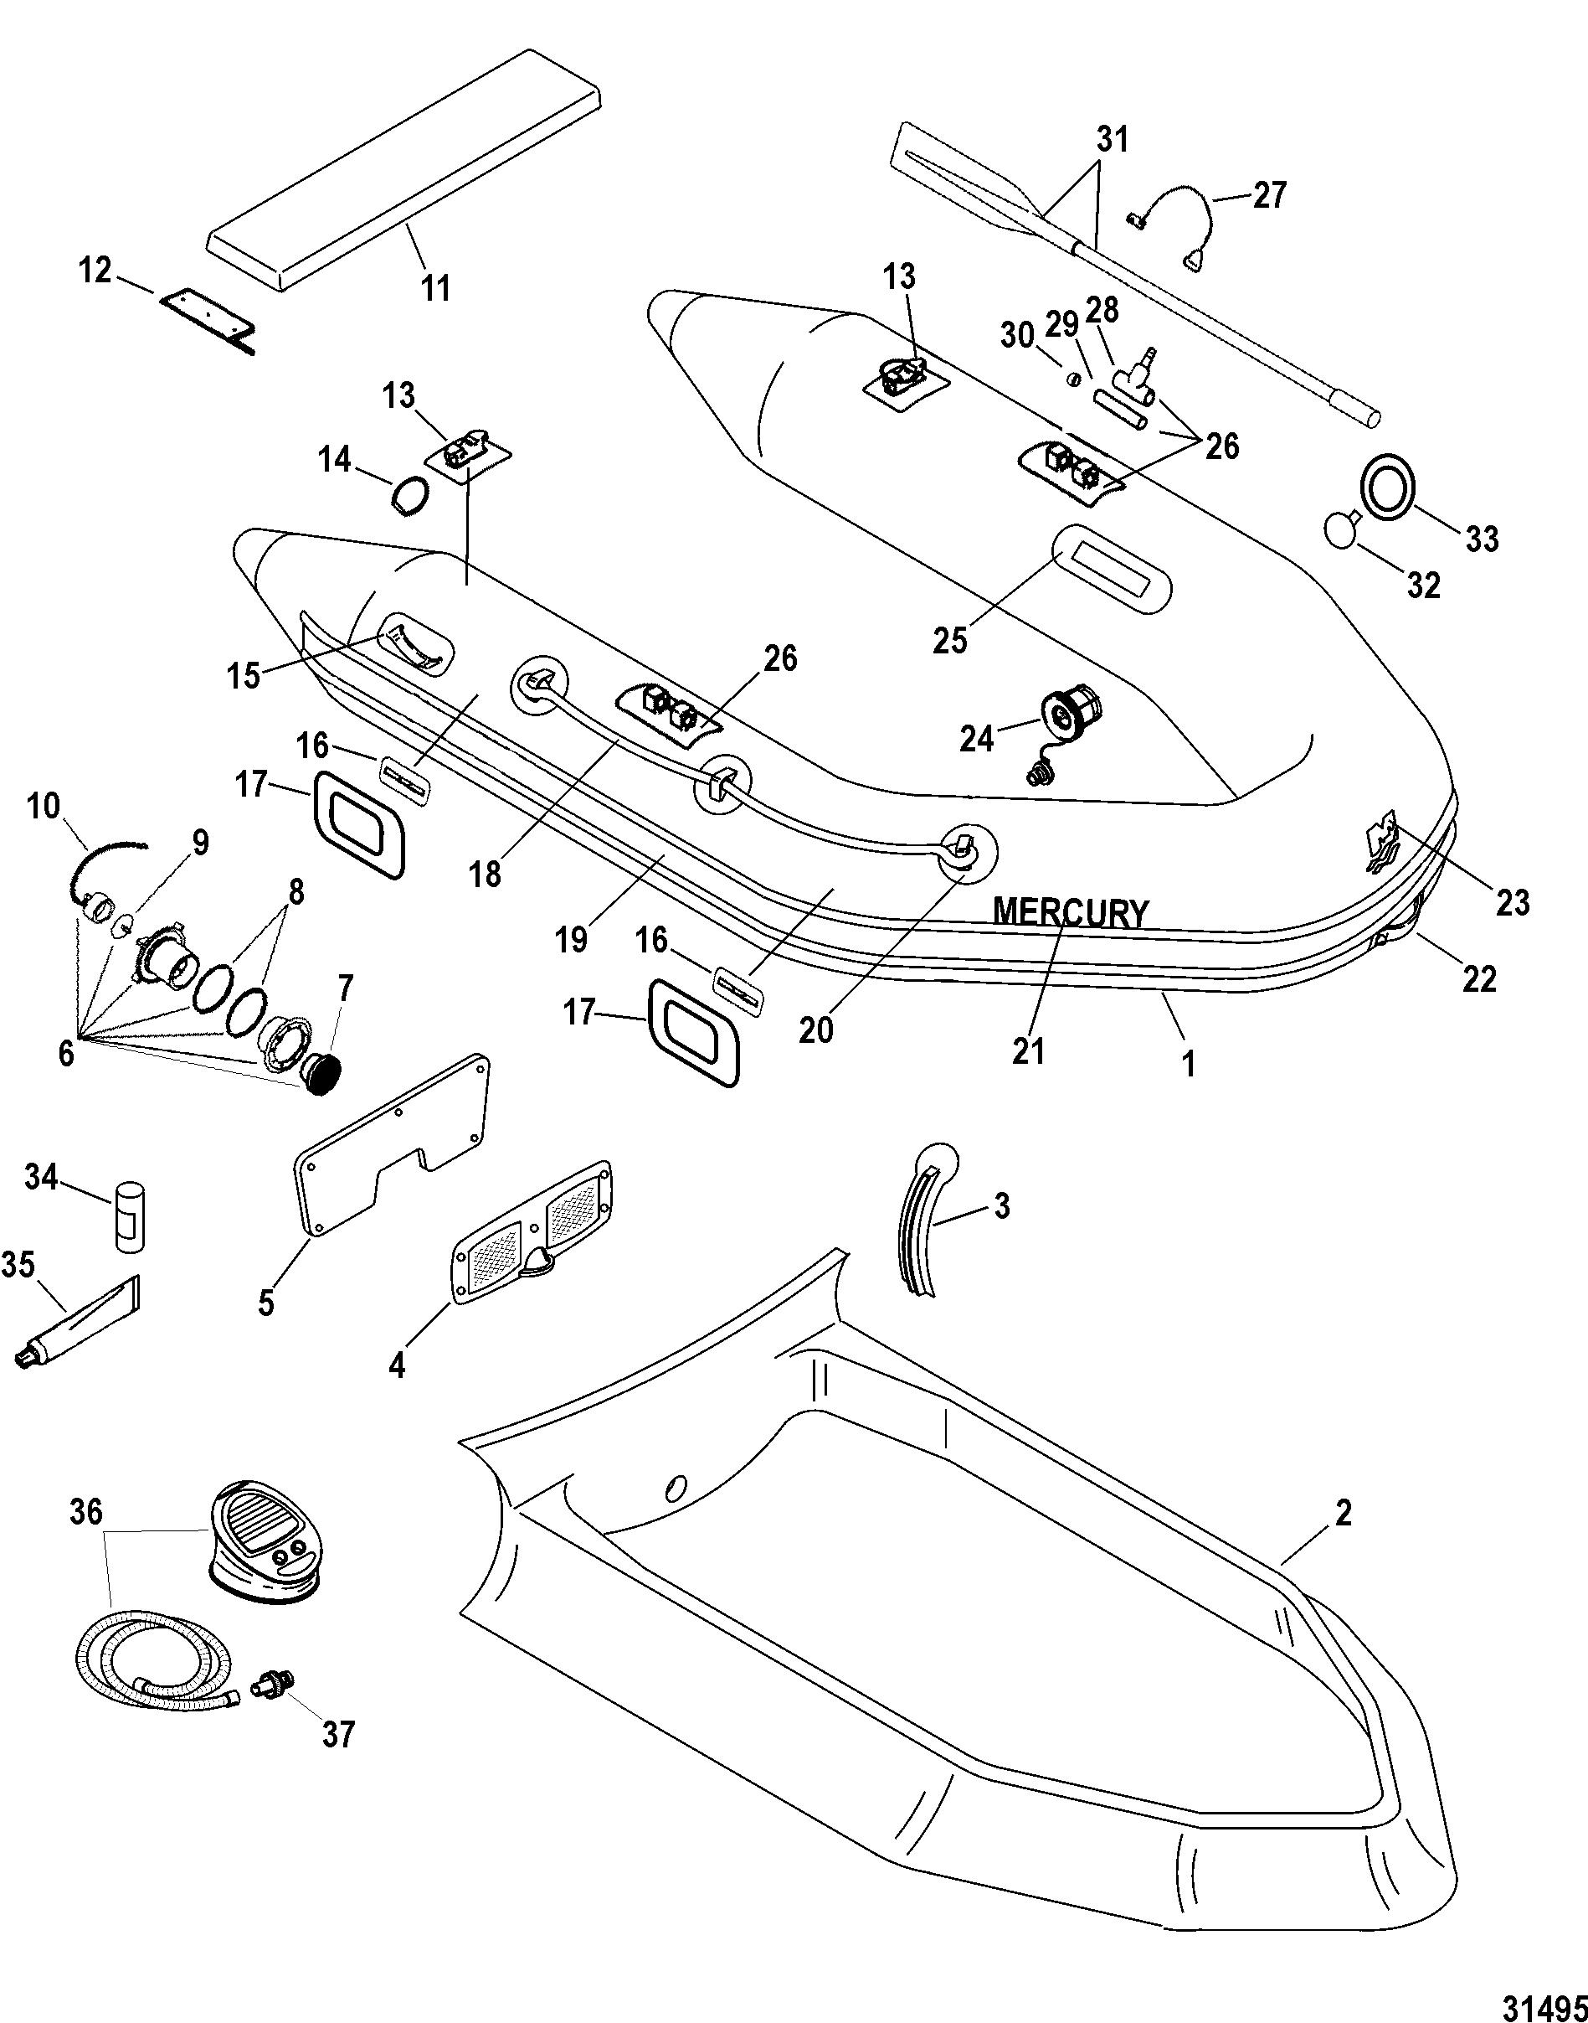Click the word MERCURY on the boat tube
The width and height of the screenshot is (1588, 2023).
(1071, 912)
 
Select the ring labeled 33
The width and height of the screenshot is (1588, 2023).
(1389, 484)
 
